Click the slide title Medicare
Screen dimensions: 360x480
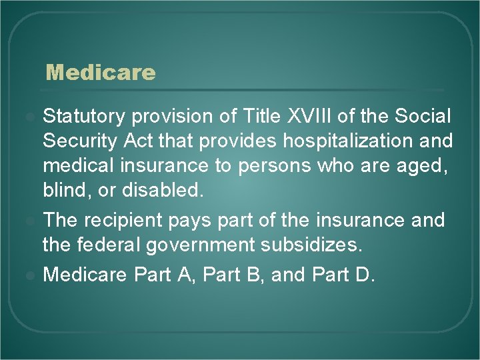100,72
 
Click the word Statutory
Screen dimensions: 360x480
83,117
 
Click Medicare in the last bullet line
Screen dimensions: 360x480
86,275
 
